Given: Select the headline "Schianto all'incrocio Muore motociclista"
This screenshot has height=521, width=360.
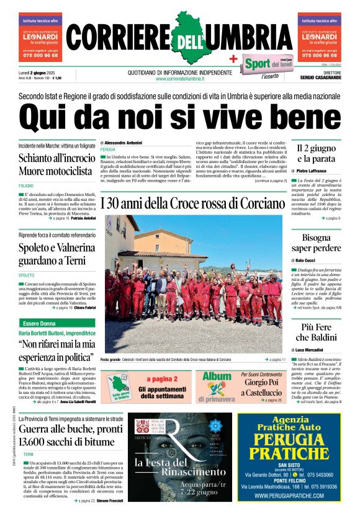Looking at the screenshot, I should [56, 164].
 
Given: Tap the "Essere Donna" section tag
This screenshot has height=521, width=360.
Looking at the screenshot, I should [39, 324].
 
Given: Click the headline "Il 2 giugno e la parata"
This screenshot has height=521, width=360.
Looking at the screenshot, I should [316, 154].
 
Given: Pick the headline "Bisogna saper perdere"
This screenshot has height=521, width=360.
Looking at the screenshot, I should [317, 244].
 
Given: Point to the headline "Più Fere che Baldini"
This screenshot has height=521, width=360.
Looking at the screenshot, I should [317, 332].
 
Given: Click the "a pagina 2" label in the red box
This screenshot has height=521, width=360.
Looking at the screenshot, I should [162, 379].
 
